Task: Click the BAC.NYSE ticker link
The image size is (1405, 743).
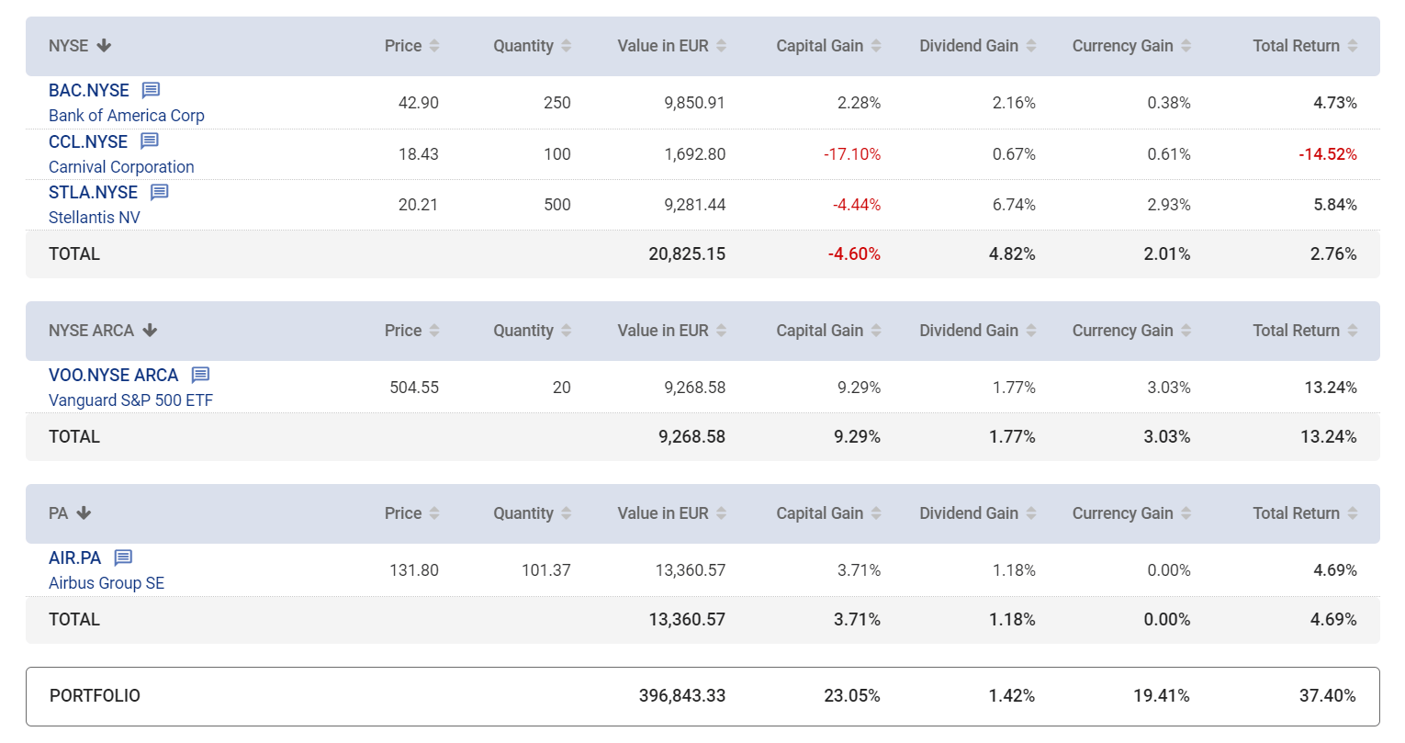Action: coord(89,90)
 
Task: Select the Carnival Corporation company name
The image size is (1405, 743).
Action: coord(121,167)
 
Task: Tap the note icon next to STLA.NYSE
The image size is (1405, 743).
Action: coord(160,192)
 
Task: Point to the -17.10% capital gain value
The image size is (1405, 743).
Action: coord(852,154)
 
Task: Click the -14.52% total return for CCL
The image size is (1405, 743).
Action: coord(1327,154)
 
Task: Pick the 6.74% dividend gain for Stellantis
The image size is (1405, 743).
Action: coord(1014,205)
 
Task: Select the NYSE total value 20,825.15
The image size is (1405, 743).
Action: coord(687,254)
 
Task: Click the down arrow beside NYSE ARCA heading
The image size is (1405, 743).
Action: coord(151,331)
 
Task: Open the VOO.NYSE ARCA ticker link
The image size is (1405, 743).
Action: coord(114,375)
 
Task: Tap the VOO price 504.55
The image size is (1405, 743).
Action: coord(414,388)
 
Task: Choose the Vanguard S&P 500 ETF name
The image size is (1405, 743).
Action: coord(130,400)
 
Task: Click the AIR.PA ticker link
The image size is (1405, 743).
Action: coord(75,557)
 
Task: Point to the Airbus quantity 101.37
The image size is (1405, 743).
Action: coord(546,570)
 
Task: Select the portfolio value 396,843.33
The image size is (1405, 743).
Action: coord(682,696)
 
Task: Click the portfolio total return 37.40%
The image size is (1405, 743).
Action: coord(1327,696)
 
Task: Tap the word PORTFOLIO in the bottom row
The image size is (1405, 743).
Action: coord(95,696)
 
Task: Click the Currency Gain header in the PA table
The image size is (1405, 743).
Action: coord(1123,513)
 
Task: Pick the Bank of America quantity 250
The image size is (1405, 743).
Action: coord(557,103)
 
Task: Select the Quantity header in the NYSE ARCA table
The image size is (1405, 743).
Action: coord(523,331)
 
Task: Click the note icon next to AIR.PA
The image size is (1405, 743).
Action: coord(124,557)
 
